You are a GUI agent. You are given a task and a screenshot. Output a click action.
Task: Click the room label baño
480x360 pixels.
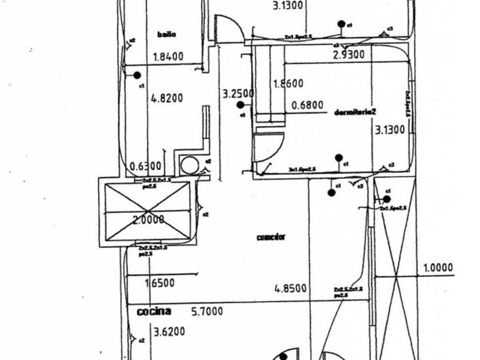click(x=166, y=34)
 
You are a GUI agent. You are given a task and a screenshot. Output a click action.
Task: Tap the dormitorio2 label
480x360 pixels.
click(x=357, y=111)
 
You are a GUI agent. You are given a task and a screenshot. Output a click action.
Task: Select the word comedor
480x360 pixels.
click(x=271, y=237)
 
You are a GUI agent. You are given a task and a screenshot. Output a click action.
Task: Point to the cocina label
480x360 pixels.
click(x=154, y=311)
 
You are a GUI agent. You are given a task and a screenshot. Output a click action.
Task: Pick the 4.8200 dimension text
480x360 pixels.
click(x=167, y=98)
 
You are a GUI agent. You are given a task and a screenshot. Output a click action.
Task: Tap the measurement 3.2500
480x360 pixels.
click(x=238, y=93)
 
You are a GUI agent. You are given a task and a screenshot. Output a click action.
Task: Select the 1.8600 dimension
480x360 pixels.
click(x=289, y=83)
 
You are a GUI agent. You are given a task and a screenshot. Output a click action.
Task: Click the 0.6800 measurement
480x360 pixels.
click(x=307, y=105)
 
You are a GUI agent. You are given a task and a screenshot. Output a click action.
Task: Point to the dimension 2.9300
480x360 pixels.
click(x=349, y=55)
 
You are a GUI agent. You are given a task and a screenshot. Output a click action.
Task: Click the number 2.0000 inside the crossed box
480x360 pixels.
click(x=149, y=219)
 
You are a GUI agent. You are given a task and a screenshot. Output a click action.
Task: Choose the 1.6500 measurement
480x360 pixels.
click(x=159, y=283)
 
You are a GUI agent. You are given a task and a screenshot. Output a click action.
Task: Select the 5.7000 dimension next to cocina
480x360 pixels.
click(x=207, y=311)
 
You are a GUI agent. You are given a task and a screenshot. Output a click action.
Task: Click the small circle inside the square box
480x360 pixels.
click(x=189, y=166)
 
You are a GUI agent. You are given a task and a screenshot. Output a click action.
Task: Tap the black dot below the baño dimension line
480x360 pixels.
click(x=137, y=75)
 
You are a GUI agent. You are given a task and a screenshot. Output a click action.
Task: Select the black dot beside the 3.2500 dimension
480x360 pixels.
click(x=241, y=105)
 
